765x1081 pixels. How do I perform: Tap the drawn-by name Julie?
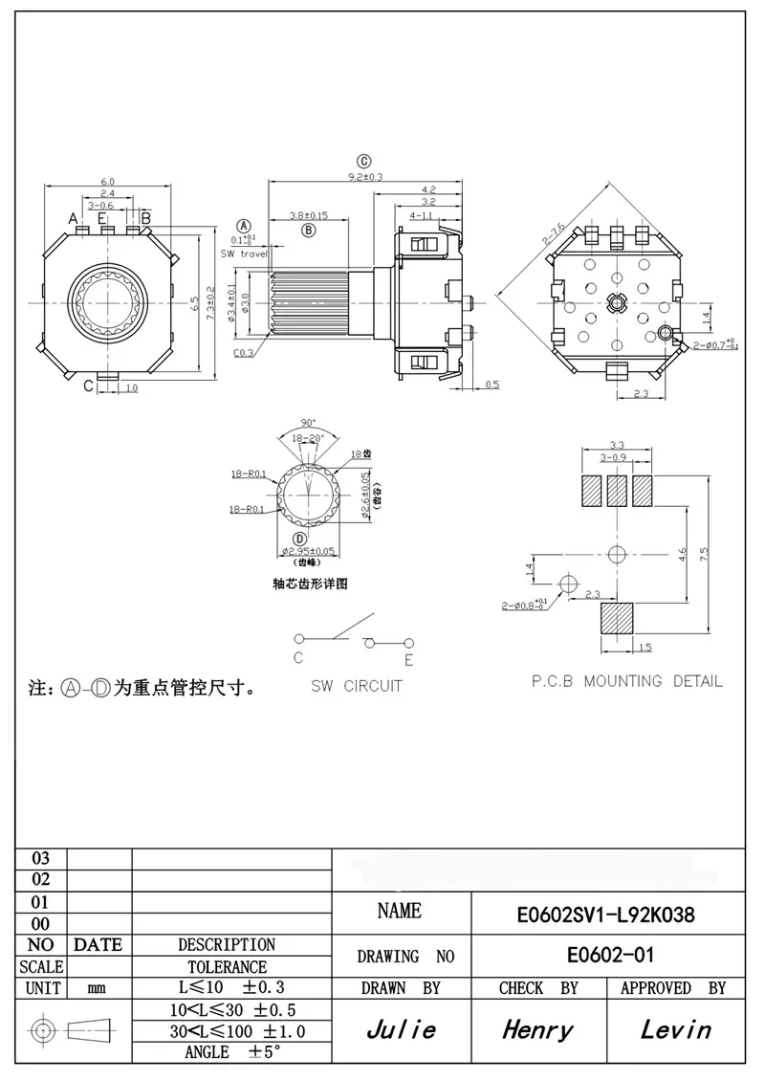[x=402, y=1029]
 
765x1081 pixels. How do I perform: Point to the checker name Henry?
[x=538, y=1029]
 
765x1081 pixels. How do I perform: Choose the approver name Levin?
[x=675, y=1029]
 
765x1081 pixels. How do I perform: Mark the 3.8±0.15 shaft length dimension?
[x=309, y=216]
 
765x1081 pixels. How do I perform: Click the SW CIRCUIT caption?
[x=357, y=686]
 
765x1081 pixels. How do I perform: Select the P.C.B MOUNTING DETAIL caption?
[x=627, y=681]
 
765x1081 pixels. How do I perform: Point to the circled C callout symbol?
[x=364, y=161]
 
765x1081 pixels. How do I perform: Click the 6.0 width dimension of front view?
[x=107, y=182]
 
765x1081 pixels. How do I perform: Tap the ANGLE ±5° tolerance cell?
[x=231, y=1052]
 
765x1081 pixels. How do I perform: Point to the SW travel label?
[x=244, y=254]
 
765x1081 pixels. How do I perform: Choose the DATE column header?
[x=98, y=945]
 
